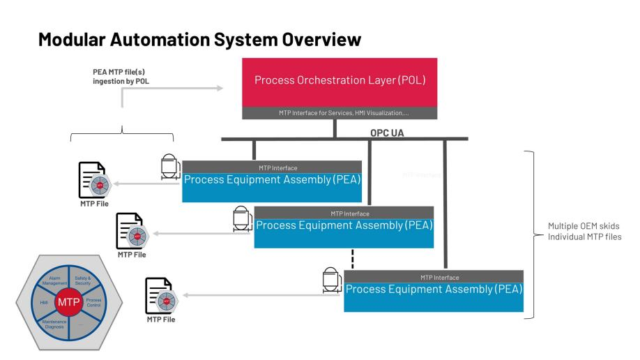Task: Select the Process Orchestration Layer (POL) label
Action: [340, 80]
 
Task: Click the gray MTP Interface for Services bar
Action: [340, 113]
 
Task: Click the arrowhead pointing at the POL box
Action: [220, 88]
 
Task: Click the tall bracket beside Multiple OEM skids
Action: [534, 233]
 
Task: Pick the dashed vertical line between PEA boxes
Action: [353, 257]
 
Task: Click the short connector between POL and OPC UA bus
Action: [335, 128]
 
